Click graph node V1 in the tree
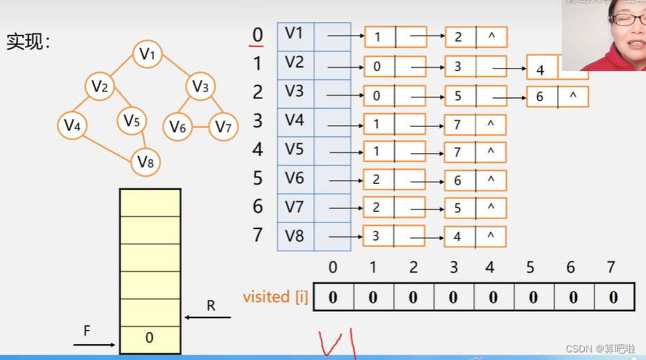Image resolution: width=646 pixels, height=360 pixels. pos(148,54)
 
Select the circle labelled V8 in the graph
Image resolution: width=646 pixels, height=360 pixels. pos(145,162)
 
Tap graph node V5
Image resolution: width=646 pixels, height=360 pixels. pos(132,121)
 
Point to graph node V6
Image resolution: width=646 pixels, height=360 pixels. pos(178,127)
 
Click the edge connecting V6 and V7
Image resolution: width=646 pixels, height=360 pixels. pos(200,127)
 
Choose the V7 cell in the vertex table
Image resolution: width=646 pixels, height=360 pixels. pos(295,207)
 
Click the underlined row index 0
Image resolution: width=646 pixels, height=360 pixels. pos(258,35)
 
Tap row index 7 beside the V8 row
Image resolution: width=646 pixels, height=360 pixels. pos(258,235)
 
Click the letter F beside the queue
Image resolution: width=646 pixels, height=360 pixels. pos(87,331)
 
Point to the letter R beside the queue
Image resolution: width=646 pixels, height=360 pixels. pos(211,306)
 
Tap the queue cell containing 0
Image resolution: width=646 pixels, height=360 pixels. pos(150,338)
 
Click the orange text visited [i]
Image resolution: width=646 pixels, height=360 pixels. pos(276,297)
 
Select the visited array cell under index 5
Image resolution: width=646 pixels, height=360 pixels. pos(533,297)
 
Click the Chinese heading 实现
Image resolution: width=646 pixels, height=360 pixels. pos(29,42)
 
